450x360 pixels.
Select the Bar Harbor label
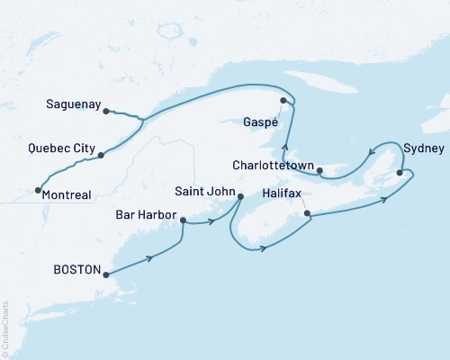point(146,216)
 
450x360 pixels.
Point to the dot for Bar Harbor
point(184,220)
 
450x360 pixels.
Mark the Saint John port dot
point(240,196)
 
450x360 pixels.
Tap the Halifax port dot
point(308,214)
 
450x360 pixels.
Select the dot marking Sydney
point(400,172)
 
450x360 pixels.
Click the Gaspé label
point(262,121)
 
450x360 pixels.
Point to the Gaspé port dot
point(283,101)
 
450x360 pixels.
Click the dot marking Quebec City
point(101,155)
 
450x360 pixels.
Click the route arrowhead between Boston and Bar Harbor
point(149,258)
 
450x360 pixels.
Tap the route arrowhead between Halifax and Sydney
point(383,199)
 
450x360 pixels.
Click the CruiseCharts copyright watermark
point(5,328)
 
